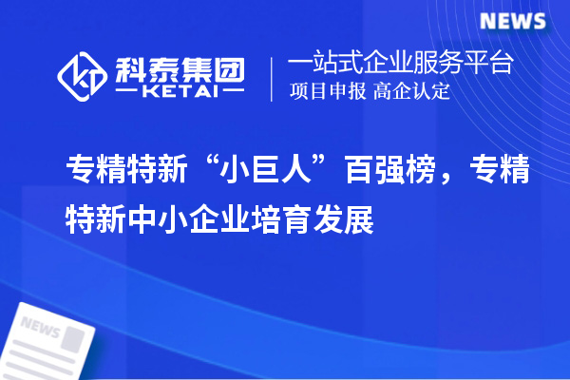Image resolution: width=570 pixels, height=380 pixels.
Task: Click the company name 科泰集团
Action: pyautogui.click(x=180, y=67)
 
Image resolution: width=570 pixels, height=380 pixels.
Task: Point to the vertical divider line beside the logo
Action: pyautogui.click(x=273, y=78)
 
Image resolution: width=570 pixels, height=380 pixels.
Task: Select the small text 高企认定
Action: pyautogui.click(x=411, y=92)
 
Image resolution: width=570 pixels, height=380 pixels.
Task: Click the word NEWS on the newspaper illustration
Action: pyautogui.click(x=40, y=329)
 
